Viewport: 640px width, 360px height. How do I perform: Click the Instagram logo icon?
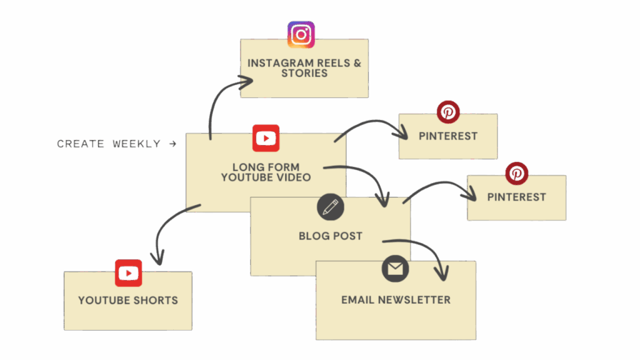point(301,34)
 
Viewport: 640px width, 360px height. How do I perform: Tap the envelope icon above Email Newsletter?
point(395,269)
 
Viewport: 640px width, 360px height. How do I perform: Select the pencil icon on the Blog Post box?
point(330,206)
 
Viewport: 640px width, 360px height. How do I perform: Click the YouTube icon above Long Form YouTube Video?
point(266,138)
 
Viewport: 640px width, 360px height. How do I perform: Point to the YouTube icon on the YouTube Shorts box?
point(128,273)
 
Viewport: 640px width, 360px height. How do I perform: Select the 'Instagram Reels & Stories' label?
point(304,68)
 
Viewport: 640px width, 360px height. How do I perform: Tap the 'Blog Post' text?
point(330,236)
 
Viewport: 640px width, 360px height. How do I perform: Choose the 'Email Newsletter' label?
point(396,300)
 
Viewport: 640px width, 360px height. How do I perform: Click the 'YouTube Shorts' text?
point(128,300)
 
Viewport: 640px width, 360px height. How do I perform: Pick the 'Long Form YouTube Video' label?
point(266,172)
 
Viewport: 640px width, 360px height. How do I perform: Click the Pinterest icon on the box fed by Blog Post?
point(516,173)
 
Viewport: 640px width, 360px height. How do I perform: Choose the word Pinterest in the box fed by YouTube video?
point(448,136)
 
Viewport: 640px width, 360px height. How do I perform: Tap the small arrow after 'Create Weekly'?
point(172,144)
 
